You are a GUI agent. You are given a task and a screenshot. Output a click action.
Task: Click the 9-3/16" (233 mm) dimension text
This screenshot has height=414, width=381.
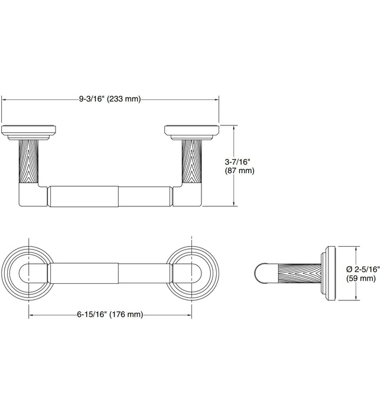(x=110, y=99)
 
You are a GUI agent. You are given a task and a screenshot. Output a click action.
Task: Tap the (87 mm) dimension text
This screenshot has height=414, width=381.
(x=239, y=171)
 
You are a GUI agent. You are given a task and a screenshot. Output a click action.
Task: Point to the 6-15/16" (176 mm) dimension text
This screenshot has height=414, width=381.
(x=110, y=315)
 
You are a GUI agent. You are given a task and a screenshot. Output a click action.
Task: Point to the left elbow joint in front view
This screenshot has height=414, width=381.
(x=32, y=196)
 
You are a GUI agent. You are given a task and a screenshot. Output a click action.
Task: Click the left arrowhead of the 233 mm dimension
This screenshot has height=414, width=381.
(x=5, y=99)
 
